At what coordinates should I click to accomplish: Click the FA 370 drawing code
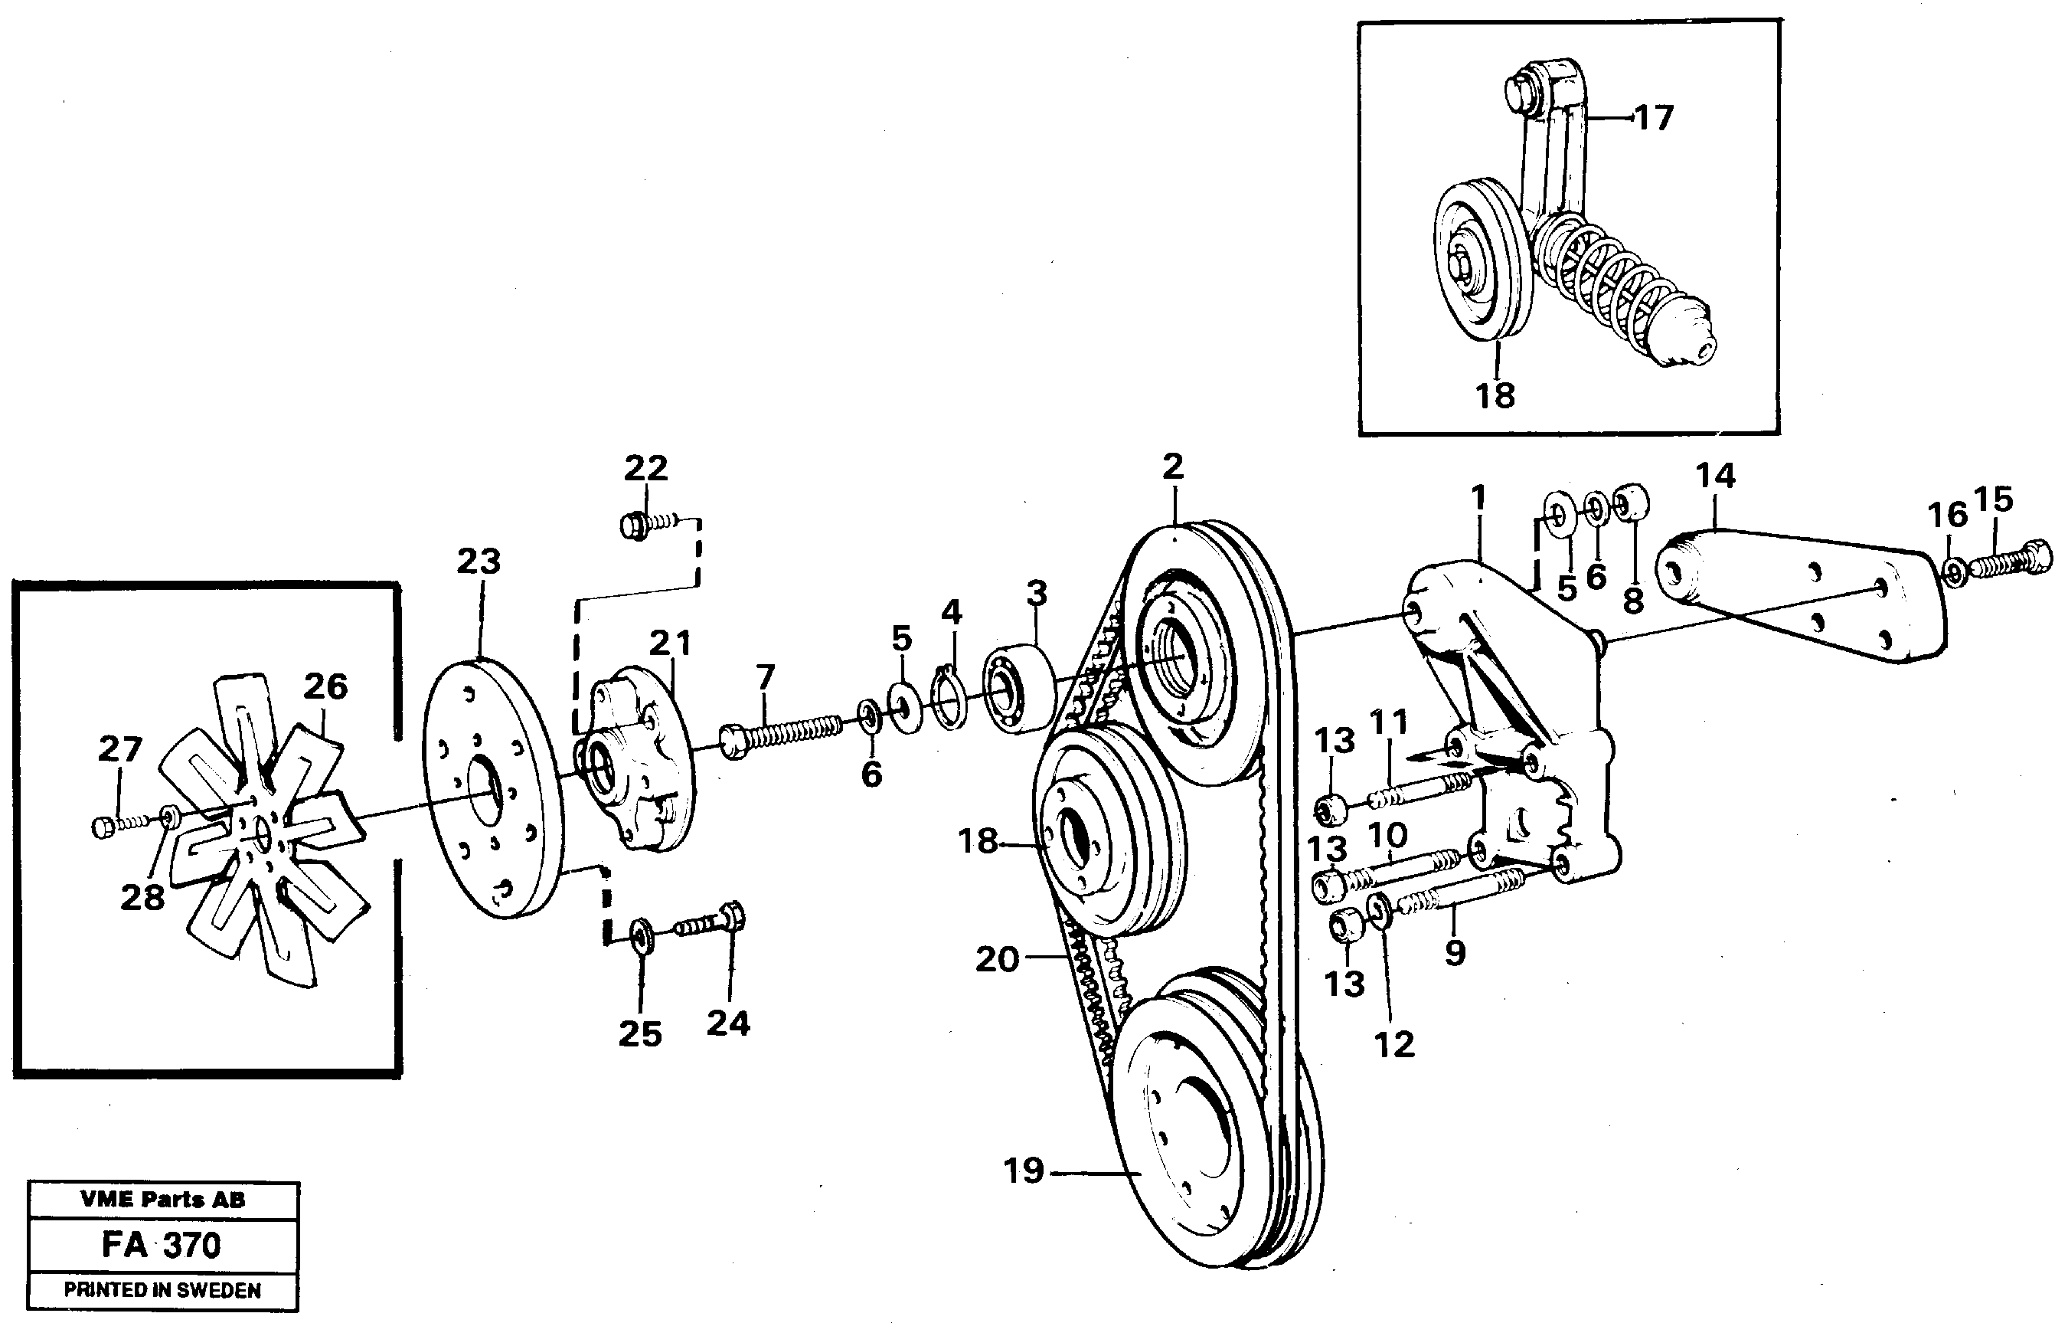tap(162, 1245)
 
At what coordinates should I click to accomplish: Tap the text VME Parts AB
tap(162, 1200)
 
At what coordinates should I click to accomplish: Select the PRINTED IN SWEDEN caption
tap(162, 1290)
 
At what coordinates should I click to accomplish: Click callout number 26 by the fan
tap(325, 686)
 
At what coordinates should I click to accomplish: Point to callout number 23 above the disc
tap(478, 562)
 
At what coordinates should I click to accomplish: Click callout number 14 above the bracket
tap(1715, 475)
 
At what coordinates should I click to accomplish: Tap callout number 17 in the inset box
tap(1653, 118)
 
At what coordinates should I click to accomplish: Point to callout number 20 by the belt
tap(997, 959)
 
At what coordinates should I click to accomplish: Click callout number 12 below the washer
tap(1393, 1045)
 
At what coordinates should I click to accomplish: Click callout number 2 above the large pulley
tap(1172, 467)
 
